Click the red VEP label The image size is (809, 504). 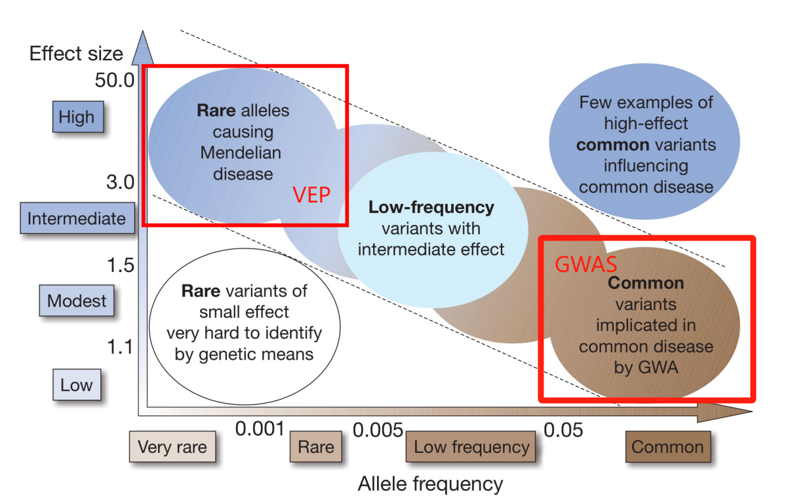(311, 195)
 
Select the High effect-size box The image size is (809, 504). (77, 118)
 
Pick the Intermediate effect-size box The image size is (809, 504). (77, 218)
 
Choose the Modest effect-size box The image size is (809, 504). (77, 301)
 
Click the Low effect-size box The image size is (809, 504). (77, 385)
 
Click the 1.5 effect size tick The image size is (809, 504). (120, 265)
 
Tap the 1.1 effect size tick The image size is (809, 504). (120, 346)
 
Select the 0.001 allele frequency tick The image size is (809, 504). (260, 429)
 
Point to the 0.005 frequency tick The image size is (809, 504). (378, 430)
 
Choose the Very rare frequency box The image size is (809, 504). (172, 448)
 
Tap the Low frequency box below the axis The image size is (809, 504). (471, 448)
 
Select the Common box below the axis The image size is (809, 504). (667, 448)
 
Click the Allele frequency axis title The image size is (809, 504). (430, 484)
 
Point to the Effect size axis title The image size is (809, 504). (76, 53)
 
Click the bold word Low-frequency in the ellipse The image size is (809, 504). (431, 208)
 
